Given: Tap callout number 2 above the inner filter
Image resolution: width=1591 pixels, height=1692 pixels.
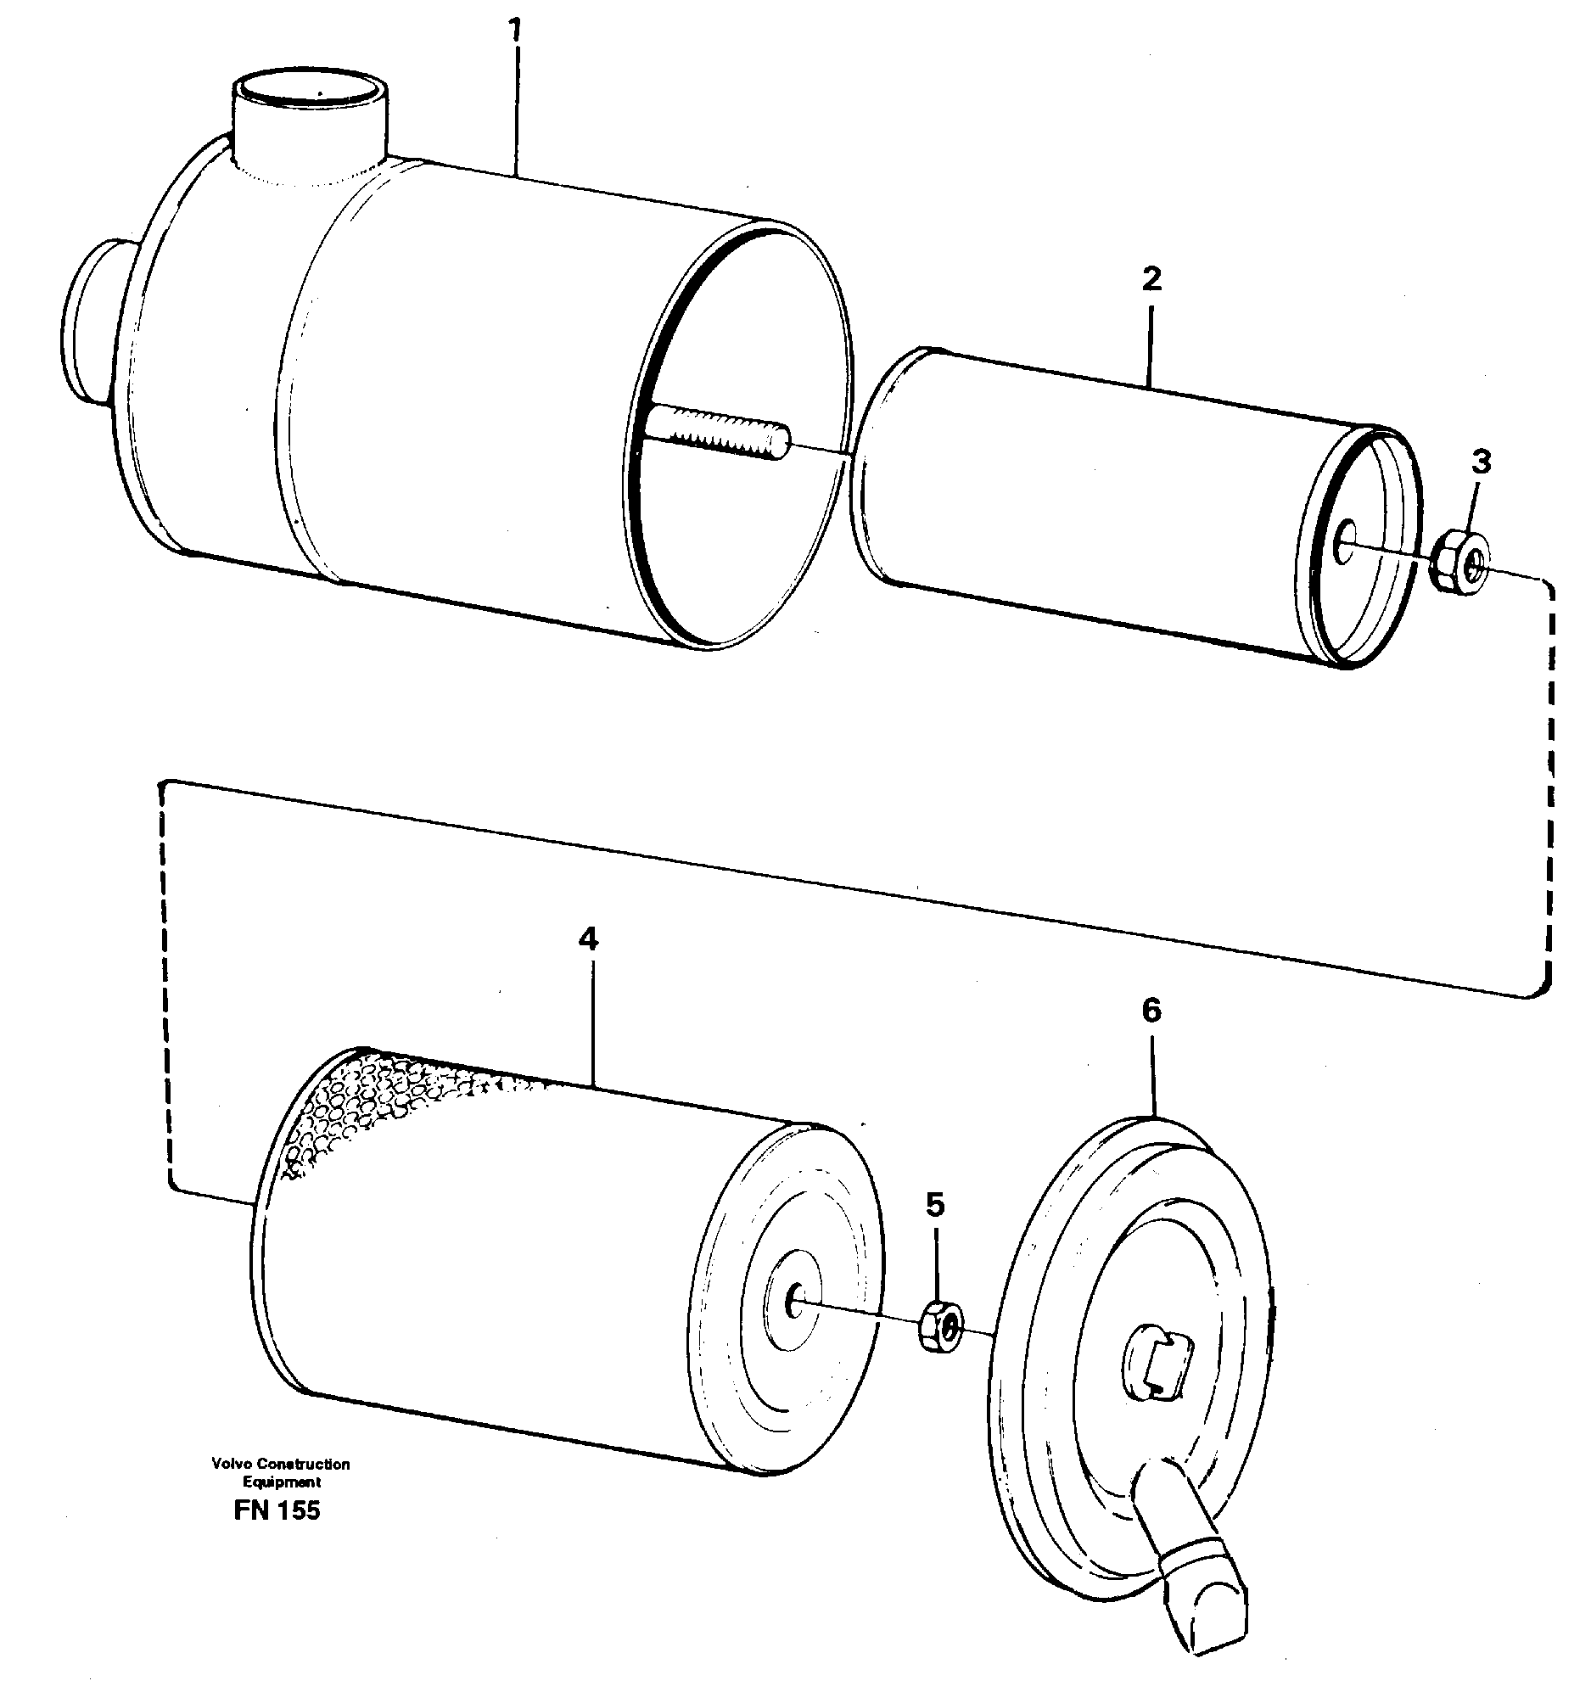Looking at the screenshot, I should (x=1151, y=279).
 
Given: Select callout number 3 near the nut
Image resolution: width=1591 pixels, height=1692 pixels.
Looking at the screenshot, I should (x=1482, y=462).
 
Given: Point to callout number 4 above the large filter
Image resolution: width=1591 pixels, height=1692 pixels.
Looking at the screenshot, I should (x=588, y=939).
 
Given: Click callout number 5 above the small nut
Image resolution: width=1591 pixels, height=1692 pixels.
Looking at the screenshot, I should (x=935, y=1204).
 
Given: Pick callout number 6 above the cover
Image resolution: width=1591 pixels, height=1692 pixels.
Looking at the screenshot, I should (x=1151, y=1011).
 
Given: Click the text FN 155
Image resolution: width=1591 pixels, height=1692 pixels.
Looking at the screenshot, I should (x=277, y=1510).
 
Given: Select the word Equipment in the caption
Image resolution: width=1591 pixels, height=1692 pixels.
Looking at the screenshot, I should (x=281, y=1482).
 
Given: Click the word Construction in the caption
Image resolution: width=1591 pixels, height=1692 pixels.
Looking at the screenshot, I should (x=303, y=1464).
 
